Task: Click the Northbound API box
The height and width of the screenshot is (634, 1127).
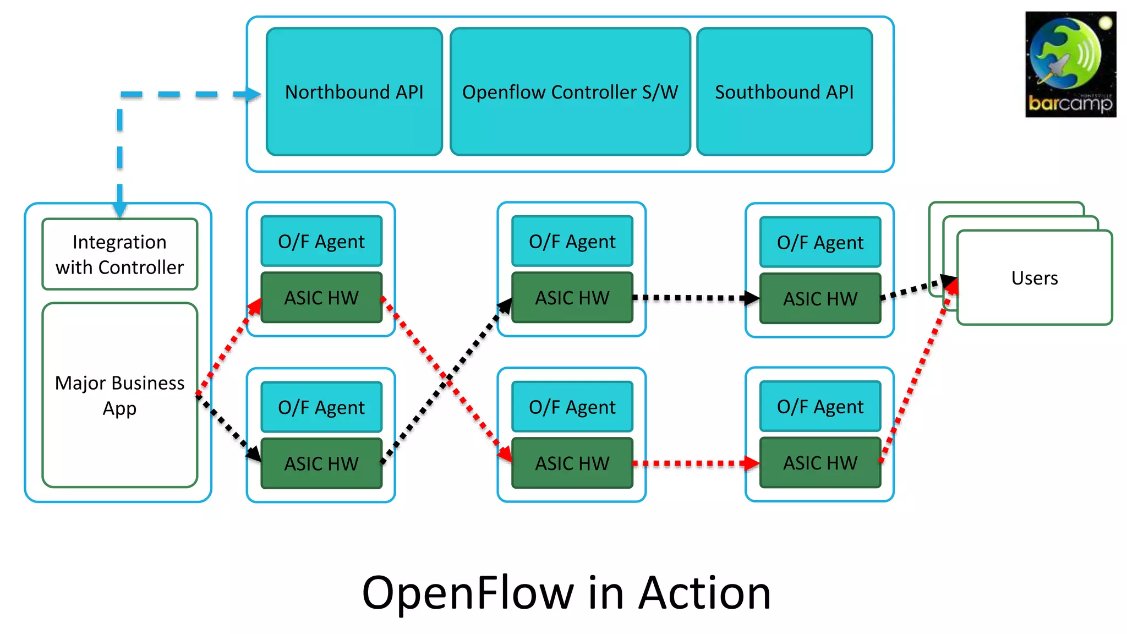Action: (x=354, y=92)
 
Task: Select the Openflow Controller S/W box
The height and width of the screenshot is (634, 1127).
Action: (x=570, y=92)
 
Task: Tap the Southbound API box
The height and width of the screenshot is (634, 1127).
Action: (x=784, y=92)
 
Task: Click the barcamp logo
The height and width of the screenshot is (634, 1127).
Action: (x=1070, y=64)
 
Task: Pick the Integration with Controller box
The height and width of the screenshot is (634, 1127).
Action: (x=119, y=254)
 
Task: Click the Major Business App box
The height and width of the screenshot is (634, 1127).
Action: (x=119, y=395)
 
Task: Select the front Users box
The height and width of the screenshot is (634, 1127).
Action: (x=1035, y=278)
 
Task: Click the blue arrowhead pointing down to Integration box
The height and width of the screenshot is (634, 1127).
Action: (x=119, y=208)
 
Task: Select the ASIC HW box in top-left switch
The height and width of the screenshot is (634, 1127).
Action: (x=321, y=298)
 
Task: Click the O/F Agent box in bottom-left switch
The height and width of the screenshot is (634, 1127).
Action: (x=321, y=407)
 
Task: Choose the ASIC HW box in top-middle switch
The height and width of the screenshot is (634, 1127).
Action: (x=572, y=298)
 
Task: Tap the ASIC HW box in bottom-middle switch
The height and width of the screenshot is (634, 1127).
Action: (x=572, y=463)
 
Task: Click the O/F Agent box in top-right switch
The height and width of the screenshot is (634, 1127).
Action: (x=820, y=242)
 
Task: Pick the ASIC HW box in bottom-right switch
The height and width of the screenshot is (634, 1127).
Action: (x=820, y=463)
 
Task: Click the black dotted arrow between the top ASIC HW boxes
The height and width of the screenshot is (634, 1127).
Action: (x=696, y=298)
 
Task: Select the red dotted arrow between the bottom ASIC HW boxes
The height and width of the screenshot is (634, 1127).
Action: (x=696, y=463)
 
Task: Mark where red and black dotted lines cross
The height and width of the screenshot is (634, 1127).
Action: (x=448, y=380)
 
